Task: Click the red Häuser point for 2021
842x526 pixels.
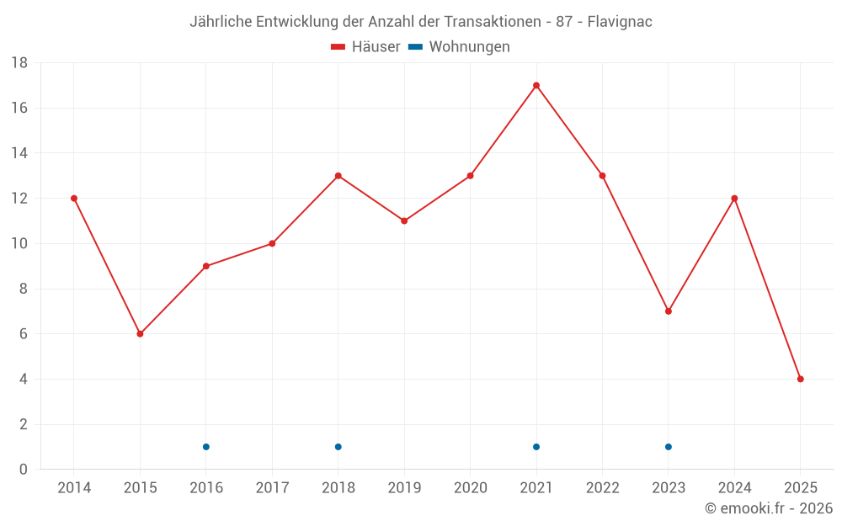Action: [536, 85]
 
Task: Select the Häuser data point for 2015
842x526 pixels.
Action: [140, 334]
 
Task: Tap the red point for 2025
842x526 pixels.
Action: [800, 379]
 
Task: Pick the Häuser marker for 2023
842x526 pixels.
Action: [669, 311]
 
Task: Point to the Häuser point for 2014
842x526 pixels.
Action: [74, 199]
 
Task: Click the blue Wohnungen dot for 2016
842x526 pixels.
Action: [206, 447]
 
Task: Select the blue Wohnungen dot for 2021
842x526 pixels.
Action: [536, 447]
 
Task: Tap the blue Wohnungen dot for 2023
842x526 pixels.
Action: [669, 447]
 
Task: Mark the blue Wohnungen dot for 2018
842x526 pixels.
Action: [338, 447]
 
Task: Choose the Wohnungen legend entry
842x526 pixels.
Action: [460, 47]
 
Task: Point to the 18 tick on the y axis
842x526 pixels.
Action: [19, 63]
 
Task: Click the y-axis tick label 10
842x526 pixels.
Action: [19, 244]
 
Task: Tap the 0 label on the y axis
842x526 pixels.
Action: [24, 470]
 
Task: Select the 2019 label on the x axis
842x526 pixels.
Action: [404, 488]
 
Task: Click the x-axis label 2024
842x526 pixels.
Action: [734, 488]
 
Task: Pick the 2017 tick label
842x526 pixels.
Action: [272, 488]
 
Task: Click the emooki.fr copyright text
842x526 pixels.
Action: [769, 508]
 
